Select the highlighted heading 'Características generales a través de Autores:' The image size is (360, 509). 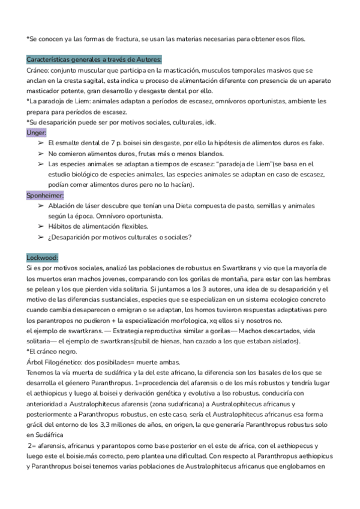(x=94, y=60)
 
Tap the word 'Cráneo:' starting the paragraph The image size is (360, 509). (x=39, y=71)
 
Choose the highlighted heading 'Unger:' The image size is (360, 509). (x=37, y=133)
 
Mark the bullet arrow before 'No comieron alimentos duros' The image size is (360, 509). (x=40, y=154)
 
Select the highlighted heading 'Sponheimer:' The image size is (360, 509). (x=46, y=196)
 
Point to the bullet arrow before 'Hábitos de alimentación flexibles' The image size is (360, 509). (x=40, y=226)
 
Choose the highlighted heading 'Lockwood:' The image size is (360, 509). (x=42, y=258)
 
